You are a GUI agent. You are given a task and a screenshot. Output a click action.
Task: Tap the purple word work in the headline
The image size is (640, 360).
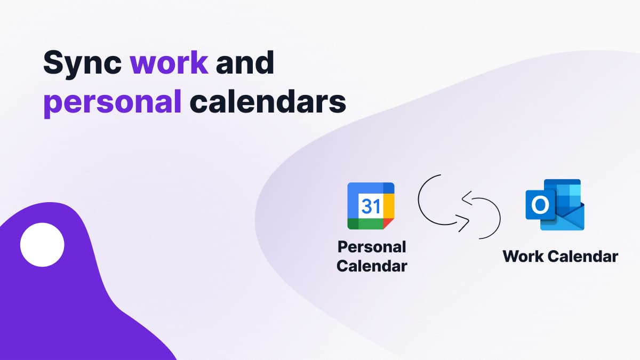point(169,62)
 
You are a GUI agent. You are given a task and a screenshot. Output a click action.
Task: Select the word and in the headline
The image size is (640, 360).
point(245,62)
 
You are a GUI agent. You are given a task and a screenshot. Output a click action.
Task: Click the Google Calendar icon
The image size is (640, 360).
point(371,206)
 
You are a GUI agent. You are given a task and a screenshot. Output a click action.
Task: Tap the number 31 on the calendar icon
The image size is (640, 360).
point(371,206)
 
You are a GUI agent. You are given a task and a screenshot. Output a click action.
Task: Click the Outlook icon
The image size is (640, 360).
point(555,205)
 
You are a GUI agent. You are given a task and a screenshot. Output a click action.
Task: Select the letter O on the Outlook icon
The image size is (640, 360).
point(540,205)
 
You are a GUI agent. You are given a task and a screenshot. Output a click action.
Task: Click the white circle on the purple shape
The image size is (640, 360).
point(42,245)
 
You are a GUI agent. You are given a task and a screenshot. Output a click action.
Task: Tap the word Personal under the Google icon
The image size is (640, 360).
point(372,247)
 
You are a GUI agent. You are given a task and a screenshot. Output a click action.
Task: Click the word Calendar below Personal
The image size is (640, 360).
point(372,266)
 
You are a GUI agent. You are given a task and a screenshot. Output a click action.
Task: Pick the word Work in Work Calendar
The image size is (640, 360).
point(523,257)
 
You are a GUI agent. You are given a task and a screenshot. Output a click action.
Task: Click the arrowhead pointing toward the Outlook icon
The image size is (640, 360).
point(465,222)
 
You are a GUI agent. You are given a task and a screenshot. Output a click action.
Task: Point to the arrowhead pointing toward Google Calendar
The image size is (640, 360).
point(466,198)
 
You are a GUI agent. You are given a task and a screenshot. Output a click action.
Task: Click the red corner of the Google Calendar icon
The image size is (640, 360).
point(388,223)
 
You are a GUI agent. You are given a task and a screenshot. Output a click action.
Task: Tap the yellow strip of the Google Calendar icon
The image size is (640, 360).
point(389,206)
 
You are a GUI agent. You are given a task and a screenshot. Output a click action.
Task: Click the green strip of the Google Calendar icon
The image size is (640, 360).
point(365,223)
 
